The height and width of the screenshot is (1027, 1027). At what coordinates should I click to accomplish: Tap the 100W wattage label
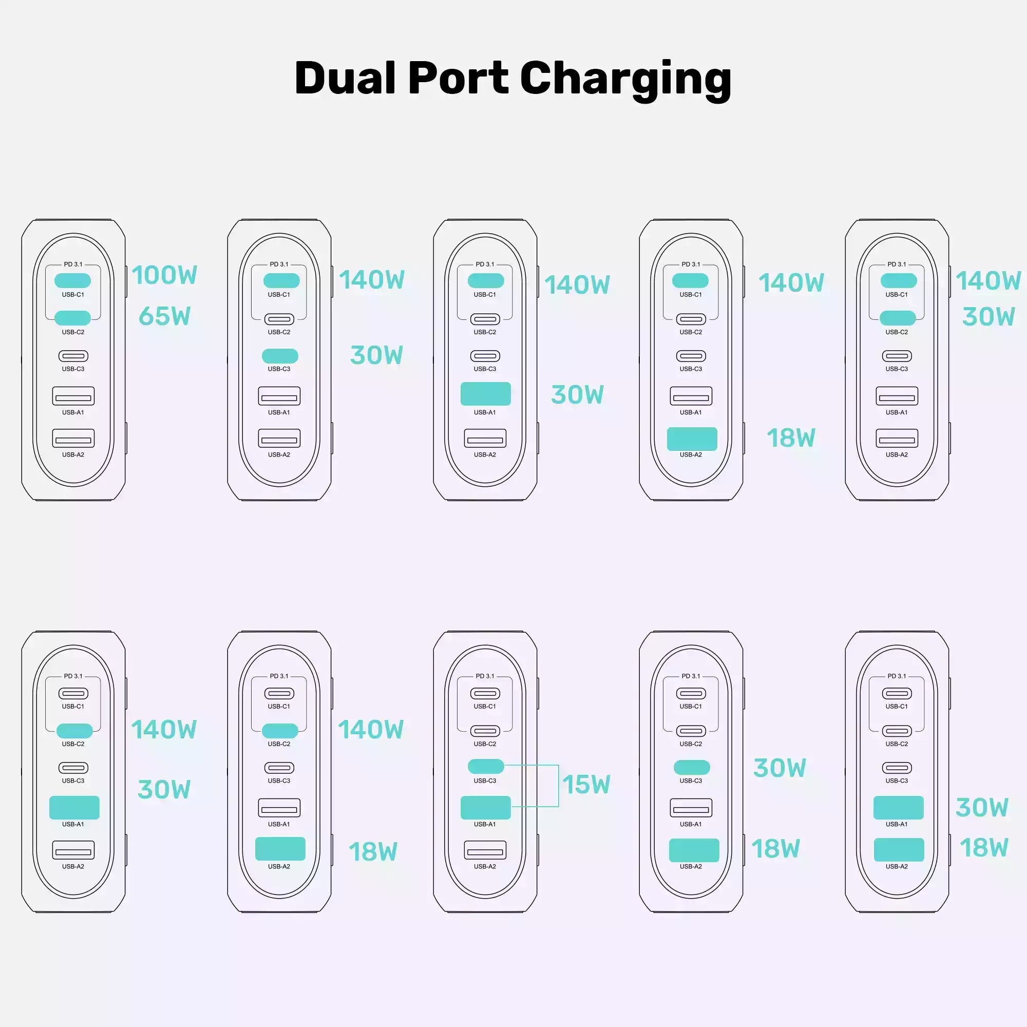tap(164, 275)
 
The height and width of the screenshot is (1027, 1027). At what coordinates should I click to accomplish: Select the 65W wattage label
tap(164, 316)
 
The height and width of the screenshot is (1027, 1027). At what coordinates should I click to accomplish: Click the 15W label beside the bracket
tap(586, 785)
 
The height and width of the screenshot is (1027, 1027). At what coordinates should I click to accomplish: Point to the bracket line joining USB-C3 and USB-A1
tap(558, 786)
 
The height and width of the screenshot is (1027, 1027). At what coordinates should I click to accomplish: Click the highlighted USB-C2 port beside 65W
tap(73, 318)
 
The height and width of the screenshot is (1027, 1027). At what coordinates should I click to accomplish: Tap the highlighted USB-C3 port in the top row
tap(280, 356)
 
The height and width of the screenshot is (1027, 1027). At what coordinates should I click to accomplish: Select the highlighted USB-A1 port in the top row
tap(485, 394)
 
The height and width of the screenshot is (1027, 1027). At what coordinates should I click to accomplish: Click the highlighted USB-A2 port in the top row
tap(692, 439)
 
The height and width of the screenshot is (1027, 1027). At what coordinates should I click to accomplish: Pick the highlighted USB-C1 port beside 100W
tap(73, 280)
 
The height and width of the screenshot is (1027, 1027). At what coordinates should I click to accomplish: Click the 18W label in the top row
tap(790, 438)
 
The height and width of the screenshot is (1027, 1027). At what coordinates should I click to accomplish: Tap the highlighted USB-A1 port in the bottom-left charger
tap(74, 807)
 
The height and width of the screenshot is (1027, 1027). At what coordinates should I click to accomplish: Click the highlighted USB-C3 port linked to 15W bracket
tap(485, 766)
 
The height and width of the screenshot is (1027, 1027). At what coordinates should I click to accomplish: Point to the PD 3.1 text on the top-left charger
tap(73, 264)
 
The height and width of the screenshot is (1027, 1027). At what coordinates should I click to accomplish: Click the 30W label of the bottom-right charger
tap(981, 808)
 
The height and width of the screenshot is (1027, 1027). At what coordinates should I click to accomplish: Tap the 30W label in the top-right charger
tap(988, 317)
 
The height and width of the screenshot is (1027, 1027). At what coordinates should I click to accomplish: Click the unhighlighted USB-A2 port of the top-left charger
tap(73, 439)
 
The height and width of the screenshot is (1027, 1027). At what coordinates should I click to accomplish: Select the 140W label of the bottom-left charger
tap(164, 729)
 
